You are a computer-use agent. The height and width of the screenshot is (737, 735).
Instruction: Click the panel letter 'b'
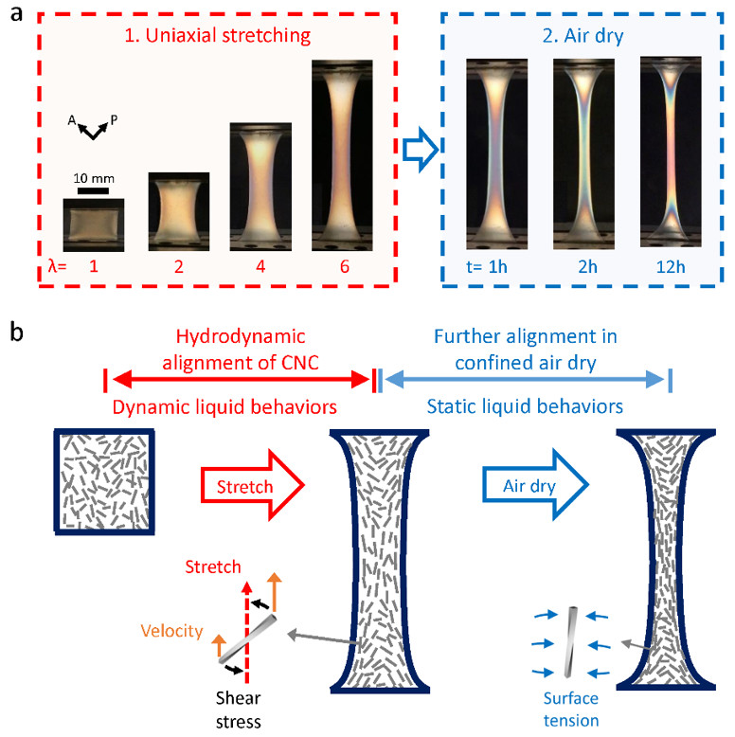(18, 333)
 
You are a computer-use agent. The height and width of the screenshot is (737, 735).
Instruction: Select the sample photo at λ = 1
(93, 224)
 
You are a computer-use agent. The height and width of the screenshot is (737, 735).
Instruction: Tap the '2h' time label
(582, 268)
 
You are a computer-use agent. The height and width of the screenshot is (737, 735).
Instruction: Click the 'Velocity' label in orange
(175, 628)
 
